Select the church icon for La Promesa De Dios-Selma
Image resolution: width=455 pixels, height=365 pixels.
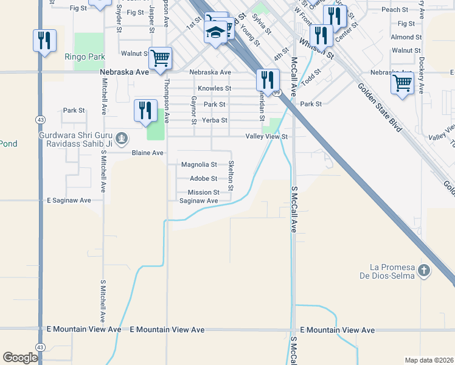[425, 269]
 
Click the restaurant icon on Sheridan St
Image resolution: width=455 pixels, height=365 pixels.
[267, 79]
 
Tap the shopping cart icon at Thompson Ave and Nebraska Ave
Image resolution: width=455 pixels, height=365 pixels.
[160, 58]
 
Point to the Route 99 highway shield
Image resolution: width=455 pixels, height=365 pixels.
[277, 93]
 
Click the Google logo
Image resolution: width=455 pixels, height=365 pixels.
[19, 357]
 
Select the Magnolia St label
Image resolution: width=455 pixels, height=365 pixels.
[200, 165]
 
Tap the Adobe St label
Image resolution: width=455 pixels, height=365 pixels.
[203, 179]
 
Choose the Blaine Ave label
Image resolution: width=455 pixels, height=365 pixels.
[148, 153]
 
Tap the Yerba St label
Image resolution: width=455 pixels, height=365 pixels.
[215, 120]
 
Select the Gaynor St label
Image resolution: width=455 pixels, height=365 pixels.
[194, 109]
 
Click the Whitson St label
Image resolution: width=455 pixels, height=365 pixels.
[316, 47]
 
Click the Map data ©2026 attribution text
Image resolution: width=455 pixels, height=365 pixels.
[428, 360]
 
